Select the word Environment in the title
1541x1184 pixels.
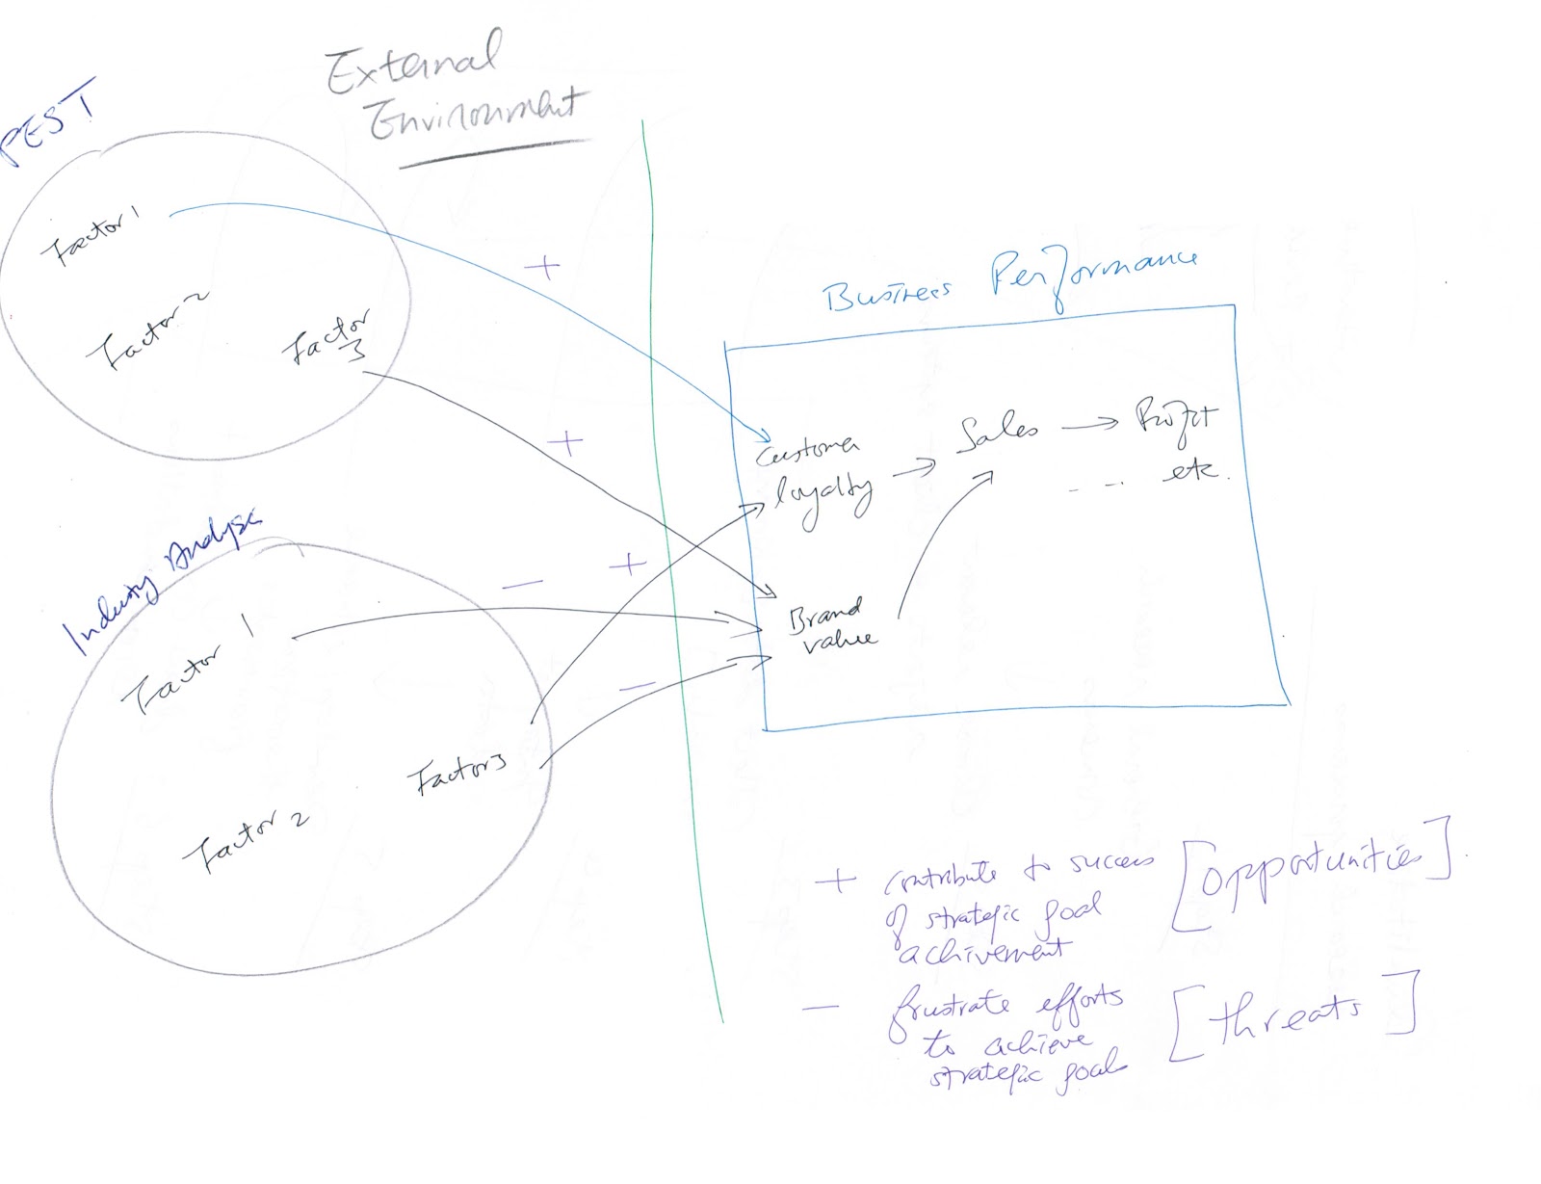477,117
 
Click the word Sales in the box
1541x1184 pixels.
998,433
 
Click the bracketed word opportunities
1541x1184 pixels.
1311,873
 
